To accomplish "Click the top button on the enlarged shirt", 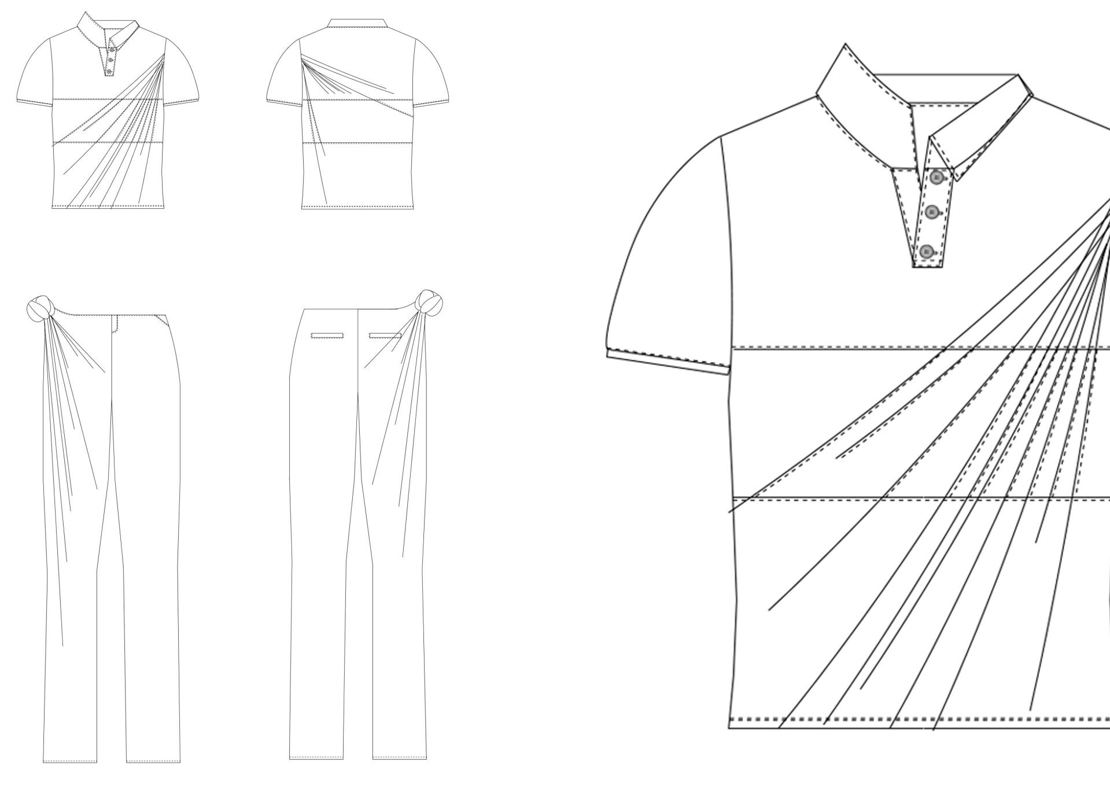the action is (x=937, y=178).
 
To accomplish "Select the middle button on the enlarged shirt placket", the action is (x=931, y=212).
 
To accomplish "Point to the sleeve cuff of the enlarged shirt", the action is (x=668, y=359).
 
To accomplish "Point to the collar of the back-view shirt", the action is (x=357, y=24).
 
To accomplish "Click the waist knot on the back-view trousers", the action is (x=430, y=303).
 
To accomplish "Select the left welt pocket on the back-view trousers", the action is (x=327, y=336).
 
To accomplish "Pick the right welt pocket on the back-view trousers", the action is (x=385, y=336).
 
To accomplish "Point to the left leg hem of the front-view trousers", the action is (x=65, y=760).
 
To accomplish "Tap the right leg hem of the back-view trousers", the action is (x=400, y=757).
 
